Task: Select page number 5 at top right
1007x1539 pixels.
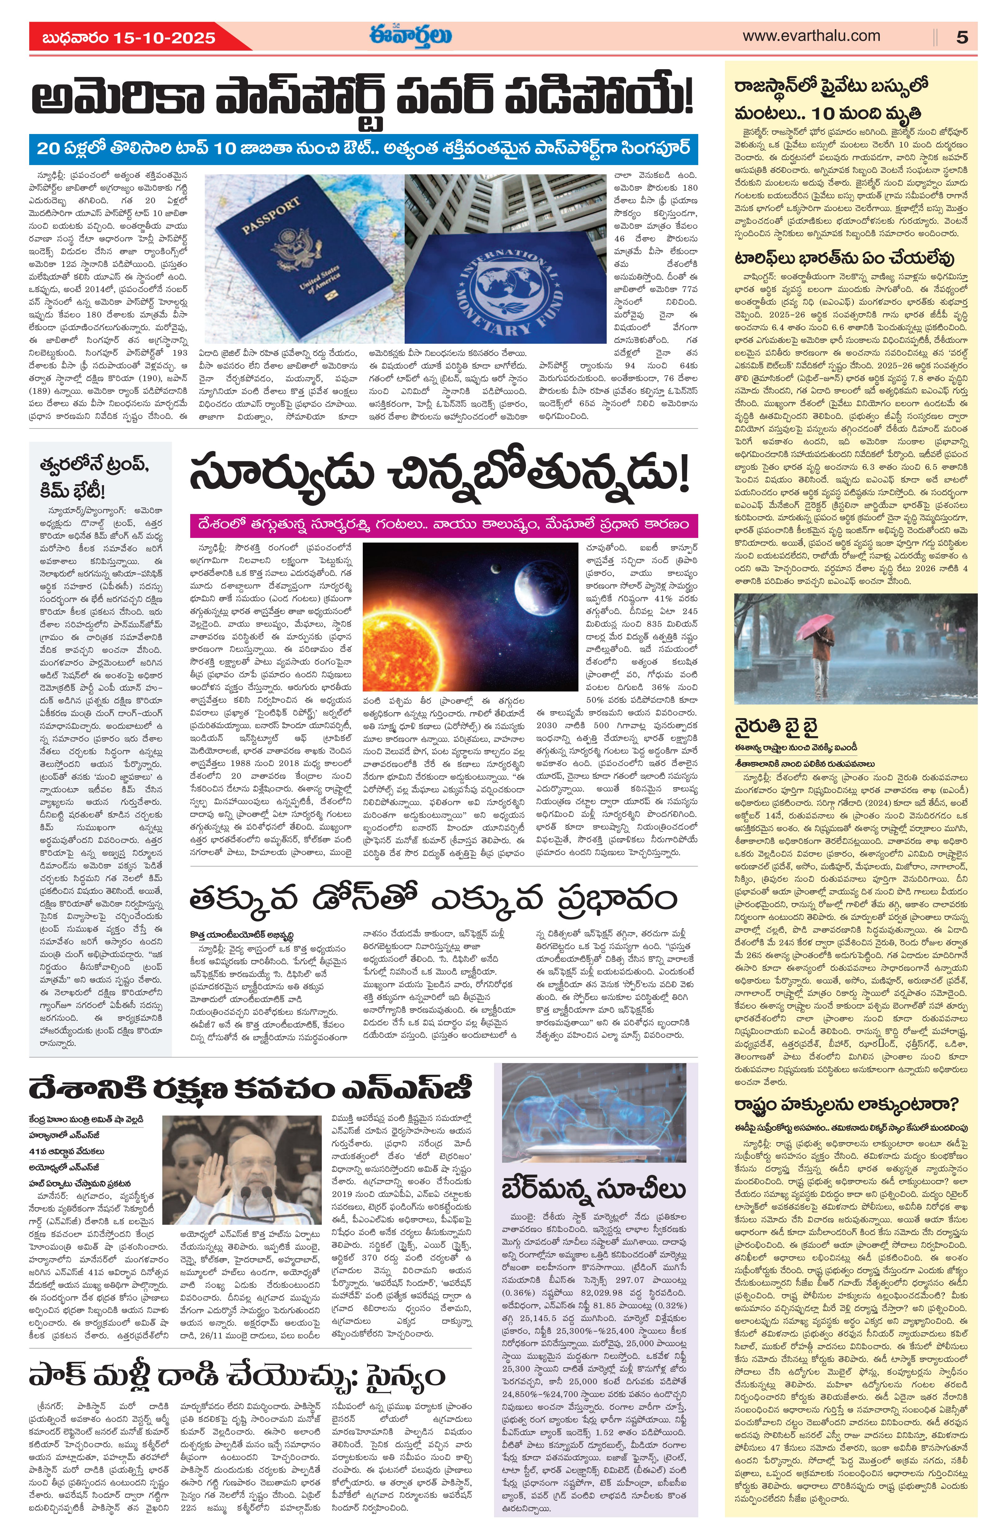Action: pos(962,38)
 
